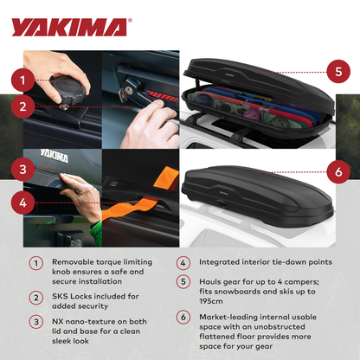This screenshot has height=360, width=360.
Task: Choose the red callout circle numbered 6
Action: tap(333, 172)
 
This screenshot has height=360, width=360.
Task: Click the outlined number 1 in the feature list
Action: tap(35, 263)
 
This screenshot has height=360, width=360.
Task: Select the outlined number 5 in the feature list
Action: tap(183, 280)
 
